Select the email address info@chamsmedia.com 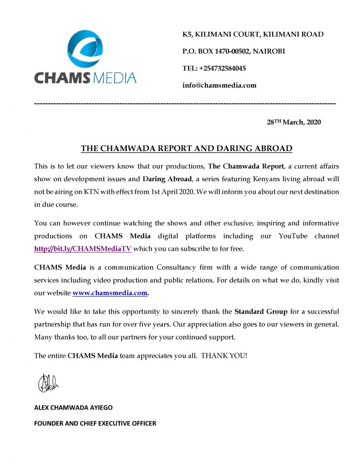pos(219,85)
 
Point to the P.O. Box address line pos(233,51)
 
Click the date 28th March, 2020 pos(294,122)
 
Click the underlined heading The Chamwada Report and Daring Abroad pos(186,148)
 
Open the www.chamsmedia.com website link pos(110,293)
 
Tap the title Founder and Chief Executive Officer pos(95,423)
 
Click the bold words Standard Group pos(261,312)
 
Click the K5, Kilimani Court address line pos(253,35)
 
